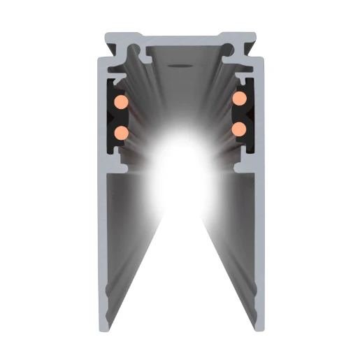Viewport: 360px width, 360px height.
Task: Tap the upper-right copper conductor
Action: [x=240, y=99]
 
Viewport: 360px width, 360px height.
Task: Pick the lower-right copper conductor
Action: [x=239, y=129]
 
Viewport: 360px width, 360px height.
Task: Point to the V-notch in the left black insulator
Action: [x=111, y=117]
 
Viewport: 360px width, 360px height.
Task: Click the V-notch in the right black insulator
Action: [x=249, y=113]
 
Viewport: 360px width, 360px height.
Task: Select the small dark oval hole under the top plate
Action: [x=179, y=68]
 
